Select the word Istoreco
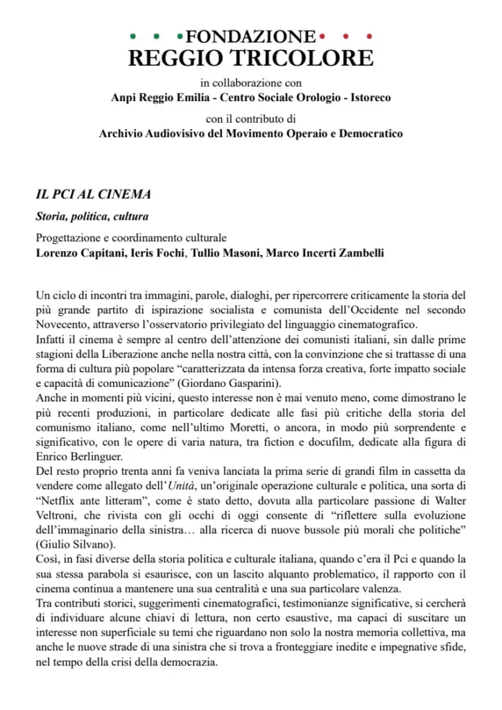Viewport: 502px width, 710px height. coord(367,98)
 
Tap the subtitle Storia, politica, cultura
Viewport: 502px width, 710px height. coord(92,216)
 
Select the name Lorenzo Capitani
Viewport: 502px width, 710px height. coord(80,252)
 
